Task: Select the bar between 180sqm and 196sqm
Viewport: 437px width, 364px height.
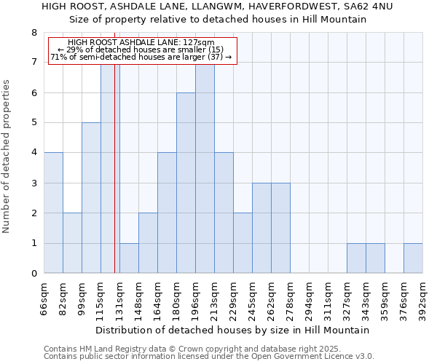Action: [186, 183]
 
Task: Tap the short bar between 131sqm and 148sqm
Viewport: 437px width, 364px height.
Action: [129, 258]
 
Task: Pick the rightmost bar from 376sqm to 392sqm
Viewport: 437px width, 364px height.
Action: [413, 258]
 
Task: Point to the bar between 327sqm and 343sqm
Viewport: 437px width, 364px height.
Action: [356, 258]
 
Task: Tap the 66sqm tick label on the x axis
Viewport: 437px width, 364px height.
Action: [44, 296]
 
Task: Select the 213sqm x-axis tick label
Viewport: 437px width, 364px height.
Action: [215, 296]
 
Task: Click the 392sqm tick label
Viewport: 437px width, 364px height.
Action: [423, 296]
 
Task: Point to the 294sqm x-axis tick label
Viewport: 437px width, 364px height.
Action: [310, 296]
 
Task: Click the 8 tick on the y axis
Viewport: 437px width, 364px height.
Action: [34, 33]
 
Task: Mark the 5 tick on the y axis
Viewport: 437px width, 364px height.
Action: [34, 123]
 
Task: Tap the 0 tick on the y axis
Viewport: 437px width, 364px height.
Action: [34, 274]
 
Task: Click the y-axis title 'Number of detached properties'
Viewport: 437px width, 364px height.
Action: [7, 157]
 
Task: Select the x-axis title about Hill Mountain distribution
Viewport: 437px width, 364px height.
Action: [232, 330]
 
